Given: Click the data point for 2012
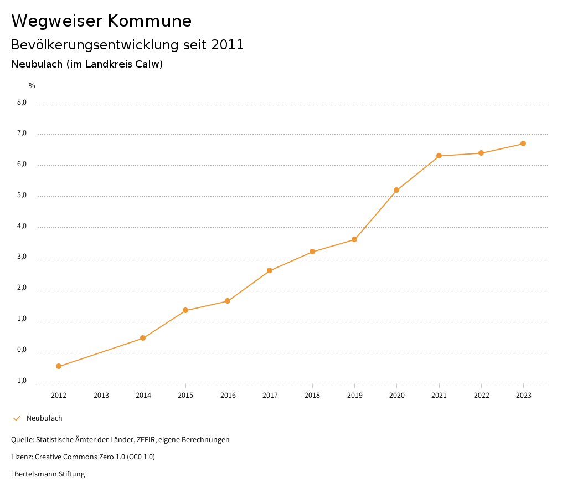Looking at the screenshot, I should (59, 366).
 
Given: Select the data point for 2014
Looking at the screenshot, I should (143, 338).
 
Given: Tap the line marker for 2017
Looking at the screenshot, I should (270, 270).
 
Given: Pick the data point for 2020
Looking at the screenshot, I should (396, 190).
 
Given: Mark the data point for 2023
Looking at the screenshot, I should (523, 143).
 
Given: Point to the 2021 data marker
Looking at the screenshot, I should (439, 156).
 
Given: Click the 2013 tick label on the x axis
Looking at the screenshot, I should (101, 396).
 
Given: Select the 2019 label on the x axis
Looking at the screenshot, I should (354, 396).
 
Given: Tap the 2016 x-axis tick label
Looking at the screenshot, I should (228, 396).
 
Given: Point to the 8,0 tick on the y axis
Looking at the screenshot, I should (22, 102).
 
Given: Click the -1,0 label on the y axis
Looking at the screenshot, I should (21, 381).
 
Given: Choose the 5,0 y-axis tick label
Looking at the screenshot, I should (22, 196).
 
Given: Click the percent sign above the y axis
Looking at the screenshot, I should (32, 86).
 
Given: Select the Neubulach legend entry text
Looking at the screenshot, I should (44, 418).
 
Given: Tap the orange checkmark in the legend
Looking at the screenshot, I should (17, 418).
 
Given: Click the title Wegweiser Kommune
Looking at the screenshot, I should (101, 21).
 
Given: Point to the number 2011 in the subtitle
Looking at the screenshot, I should (228, 45).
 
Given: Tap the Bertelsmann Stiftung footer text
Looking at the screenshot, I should (49, 474).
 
